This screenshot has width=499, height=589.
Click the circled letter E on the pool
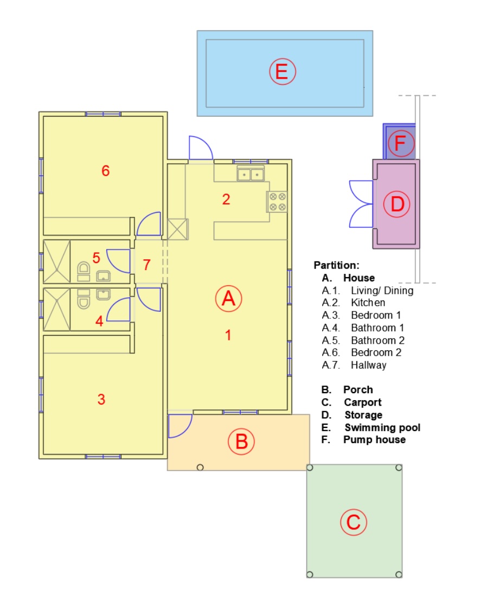282,72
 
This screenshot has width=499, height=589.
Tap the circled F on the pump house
400,143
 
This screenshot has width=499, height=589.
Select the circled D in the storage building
397,204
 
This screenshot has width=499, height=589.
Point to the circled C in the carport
353,522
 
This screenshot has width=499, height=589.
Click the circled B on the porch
241,441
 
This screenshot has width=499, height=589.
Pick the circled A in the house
228,299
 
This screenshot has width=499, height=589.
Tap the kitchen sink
251,174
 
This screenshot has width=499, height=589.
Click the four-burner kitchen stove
277,202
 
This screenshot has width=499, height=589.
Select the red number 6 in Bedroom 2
106,171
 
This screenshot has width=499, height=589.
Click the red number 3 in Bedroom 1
101,399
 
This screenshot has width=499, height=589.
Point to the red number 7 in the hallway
147,265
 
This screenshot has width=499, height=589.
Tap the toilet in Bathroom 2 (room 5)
84,271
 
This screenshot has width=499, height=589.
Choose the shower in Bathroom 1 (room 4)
57,309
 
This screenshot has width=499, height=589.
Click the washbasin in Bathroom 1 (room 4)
104,294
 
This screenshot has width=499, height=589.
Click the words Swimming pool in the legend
382,427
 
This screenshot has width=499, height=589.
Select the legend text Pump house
375,439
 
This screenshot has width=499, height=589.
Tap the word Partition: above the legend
336,265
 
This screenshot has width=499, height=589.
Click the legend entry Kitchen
368,303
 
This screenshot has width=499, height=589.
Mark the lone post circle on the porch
200,468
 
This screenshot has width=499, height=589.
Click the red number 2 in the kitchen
226,200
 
